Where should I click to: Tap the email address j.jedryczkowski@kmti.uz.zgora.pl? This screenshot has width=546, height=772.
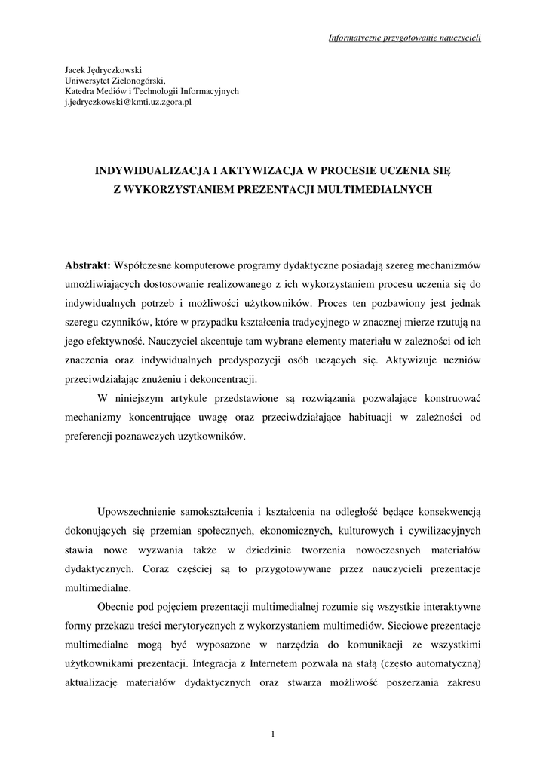(128, 102)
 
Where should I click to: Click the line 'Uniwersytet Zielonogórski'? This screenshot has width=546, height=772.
(114, 80)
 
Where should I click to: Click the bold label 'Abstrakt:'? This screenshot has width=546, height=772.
(87, 266)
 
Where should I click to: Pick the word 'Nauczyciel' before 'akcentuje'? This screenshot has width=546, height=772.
(183, 342)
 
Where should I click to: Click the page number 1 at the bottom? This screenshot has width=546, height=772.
(273, 735)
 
